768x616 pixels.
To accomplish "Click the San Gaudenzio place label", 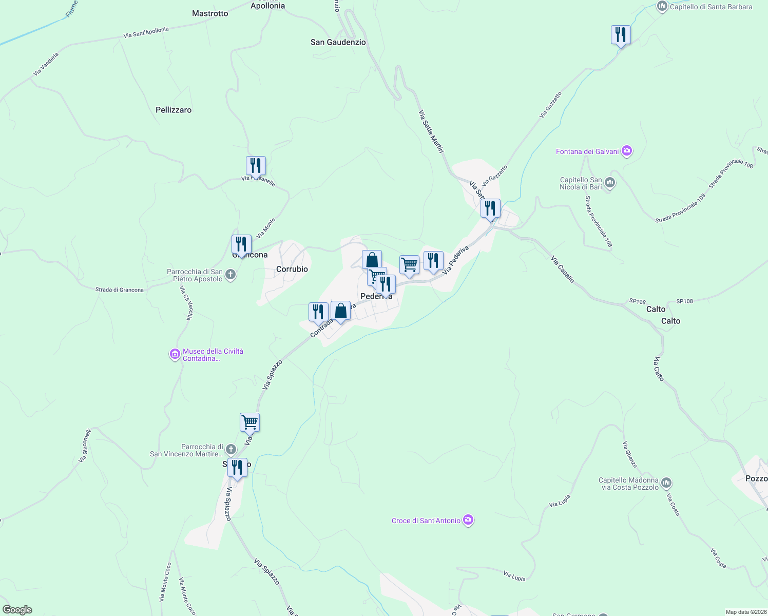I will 338,42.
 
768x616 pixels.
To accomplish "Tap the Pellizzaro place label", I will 174,110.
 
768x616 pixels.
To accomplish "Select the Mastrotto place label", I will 210,13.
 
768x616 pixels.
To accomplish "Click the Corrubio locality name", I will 292,269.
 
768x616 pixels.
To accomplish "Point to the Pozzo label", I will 756,478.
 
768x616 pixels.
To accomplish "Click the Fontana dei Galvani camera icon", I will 626,151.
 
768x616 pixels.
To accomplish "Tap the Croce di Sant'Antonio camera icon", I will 468,520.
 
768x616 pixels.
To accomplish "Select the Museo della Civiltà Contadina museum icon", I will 175,354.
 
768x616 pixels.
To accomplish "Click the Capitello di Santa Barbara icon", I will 662,7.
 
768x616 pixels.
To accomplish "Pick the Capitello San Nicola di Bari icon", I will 610,183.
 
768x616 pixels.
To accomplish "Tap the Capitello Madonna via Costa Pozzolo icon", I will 666,483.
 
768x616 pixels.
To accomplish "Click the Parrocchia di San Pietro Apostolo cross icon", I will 231,275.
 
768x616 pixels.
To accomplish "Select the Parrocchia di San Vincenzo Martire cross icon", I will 231,450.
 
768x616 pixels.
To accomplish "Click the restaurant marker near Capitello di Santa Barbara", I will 621,35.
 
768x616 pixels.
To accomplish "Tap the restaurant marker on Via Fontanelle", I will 256,166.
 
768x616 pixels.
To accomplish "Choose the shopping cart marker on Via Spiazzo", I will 249,422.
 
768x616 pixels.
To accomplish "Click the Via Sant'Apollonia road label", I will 146,32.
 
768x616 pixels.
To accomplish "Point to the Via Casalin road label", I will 562,269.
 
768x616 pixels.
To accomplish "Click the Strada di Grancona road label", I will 120,290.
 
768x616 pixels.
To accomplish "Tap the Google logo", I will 17,610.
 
